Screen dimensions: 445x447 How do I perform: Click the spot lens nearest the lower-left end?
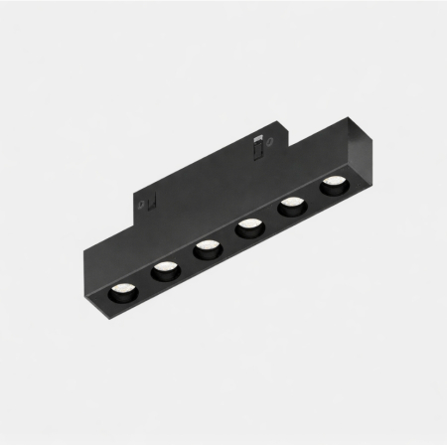122,291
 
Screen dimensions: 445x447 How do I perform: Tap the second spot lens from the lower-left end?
162,269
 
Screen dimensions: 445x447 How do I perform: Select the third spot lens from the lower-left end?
206,247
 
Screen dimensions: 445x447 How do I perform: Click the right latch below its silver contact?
256,151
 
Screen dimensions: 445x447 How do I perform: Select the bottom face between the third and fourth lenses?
226,238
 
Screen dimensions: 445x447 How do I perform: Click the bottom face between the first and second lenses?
142,281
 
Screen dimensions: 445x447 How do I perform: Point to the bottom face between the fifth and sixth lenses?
313,196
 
